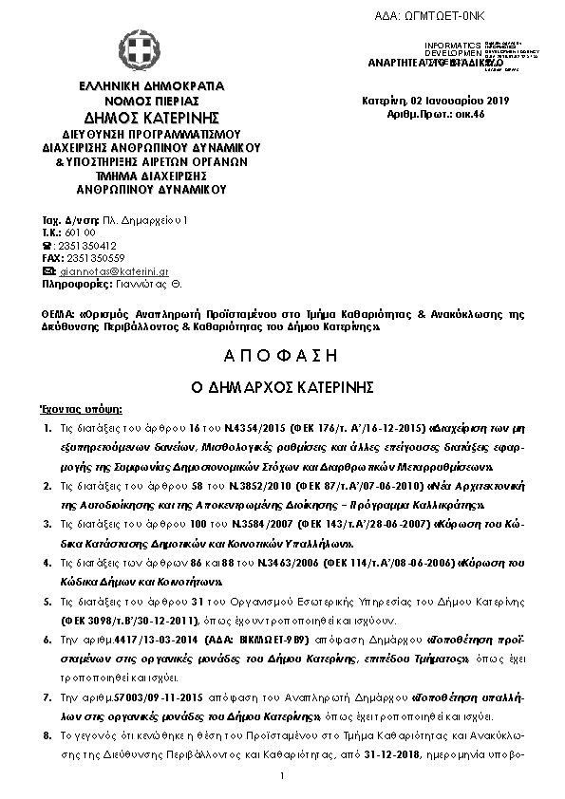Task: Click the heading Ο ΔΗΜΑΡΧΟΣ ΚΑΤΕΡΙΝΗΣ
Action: coord(283,388)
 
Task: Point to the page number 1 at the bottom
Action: coord(283,778)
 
